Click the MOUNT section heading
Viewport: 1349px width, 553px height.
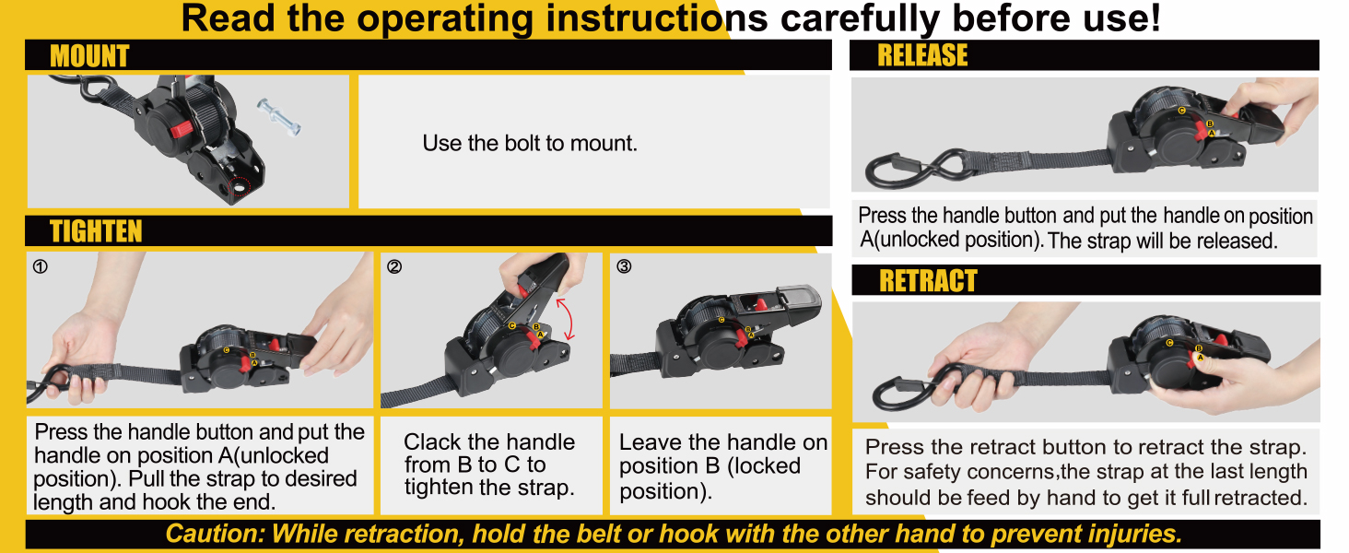[x=89, y=56]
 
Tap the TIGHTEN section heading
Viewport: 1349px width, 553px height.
[x=96, y=231]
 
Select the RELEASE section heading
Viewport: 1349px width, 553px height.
[x=922, y=55]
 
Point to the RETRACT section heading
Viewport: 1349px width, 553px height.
[x=928, y=281]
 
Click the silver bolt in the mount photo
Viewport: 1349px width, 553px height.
[x=278, y=116]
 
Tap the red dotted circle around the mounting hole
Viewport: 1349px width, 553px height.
[x=240, y=187]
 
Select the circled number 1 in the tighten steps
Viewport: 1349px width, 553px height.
[x=41, y=266]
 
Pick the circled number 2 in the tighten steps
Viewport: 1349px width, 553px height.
[x=394, y=266]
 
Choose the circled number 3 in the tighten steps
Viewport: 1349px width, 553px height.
[x=624, y=266]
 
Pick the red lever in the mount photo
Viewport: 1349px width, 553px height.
[x=181, y=129]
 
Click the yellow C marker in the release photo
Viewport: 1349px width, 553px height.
[x=1181, y=111]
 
